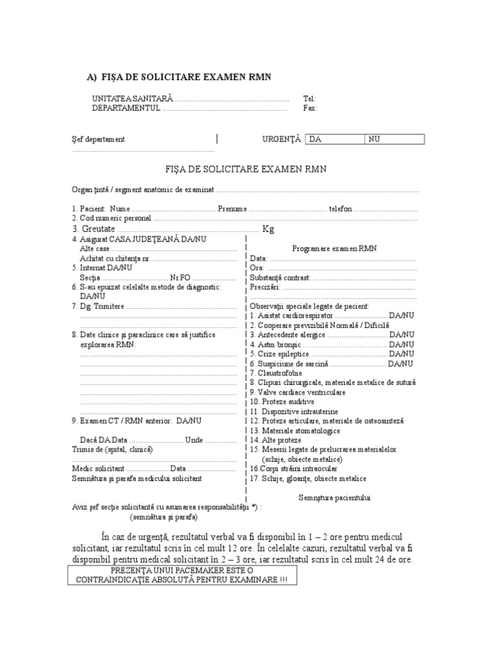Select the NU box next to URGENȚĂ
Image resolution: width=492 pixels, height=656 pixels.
coord(393,139)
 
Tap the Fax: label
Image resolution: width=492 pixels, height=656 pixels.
coord(310,108)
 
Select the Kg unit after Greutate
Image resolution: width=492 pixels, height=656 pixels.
coord(268,229)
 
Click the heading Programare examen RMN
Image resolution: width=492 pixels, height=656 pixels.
coord(334,248)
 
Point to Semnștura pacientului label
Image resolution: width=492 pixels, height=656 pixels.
coord(334,497)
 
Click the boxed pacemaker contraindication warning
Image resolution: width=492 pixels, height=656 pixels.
coord(181,575)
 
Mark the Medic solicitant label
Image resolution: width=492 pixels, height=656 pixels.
coord(97,468)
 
